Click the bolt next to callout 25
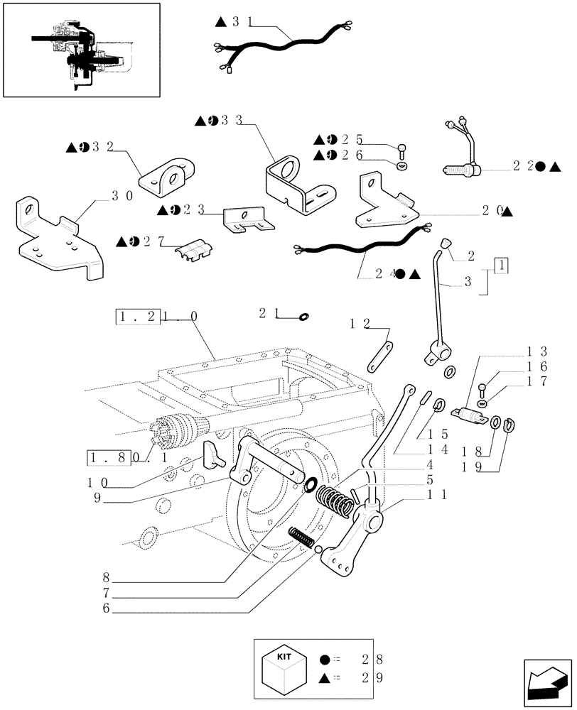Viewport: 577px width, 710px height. tap(402, 151)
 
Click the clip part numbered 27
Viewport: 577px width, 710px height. tap(192, 251)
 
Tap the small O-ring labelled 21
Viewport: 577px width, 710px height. tap(303, 317)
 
